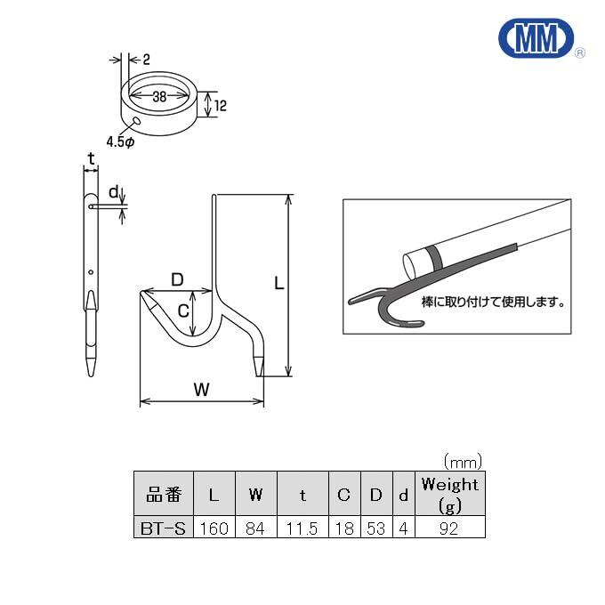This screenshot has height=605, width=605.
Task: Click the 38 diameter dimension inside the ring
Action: click(x=160, y=95)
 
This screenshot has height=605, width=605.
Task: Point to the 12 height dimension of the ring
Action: click(x=222, y=106)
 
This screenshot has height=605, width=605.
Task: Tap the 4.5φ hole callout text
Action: click(x=120, y=141)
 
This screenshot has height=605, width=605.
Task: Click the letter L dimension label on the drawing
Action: click(x=278, y=284)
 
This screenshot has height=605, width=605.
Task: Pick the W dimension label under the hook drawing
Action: click(x=201, y=389)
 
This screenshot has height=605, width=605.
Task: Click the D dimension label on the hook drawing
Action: click(x=177, y=279)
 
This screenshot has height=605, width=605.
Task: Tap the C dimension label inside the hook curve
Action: click(x=182, y=311)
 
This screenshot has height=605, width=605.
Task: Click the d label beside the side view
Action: click(x=113, y=191)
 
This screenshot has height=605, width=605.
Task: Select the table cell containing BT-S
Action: click(x=163, y=528)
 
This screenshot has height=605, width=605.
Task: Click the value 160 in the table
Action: click(x=214, y=528)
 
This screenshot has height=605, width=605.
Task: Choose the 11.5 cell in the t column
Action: click(x=302, y=528)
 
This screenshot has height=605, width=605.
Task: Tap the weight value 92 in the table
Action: click(x=449, y=528)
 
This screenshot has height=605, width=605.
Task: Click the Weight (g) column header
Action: click(x=449, y=495)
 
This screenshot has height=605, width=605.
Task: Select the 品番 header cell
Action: click(x=163, y=495)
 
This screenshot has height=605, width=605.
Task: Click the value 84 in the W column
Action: click(x=256, y=528)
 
